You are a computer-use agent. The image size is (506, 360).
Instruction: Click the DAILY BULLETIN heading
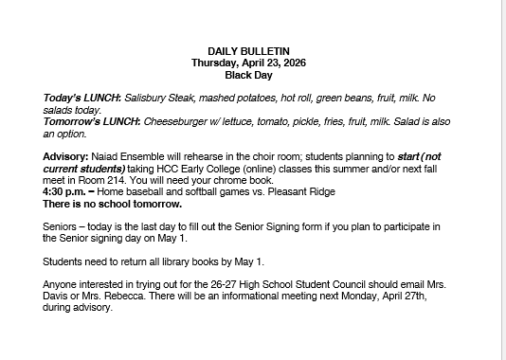click(248, 50)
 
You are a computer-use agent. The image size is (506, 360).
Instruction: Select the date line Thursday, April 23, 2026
click(248, 62)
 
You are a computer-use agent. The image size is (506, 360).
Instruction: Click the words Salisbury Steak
click(159, 99)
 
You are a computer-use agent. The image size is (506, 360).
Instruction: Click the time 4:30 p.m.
click(66, 191)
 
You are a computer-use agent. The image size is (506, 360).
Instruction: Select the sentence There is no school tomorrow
click(112, 203)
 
